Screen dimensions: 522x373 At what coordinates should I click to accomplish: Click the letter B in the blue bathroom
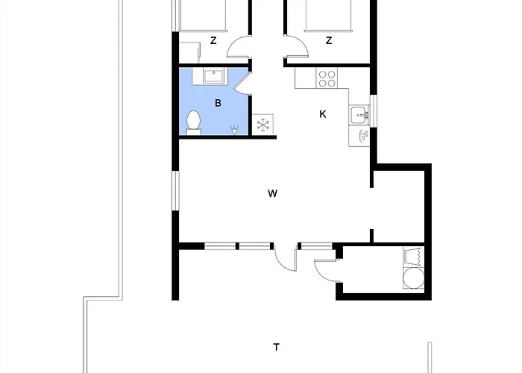coord(218,103)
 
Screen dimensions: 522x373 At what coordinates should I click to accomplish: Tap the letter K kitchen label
coord(323,114)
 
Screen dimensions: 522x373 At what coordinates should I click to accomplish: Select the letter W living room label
coord(272,193)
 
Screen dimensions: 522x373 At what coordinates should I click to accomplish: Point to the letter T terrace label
coord(277,348)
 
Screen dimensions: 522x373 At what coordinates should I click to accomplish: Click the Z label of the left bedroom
coord(213,40)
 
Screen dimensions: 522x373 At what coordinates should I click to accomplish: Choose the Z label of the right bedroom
coord(329,40)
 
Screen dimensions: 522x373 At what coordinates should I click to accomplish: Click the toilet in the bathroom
coord(193,122)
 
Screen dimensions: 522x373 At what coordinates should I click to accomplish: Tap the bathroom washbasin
coord(214,76)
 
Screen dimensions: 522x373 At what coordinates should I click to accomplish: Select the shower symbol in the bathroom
coord(234,130)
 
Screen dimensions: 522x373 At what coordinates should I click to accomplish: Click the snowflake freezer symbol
coord(263,125)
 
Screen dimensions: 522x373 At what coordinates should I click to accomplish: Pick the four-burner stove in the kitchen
coord(327,78)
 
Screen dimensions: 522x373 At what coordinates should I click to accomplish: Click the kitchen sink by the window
coord(359,115)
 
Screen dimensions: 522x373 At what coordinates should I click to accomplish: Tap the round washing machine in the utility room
coord(413,278)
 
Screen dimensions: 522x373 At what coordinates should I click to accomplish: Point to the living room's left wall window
coord(175,190)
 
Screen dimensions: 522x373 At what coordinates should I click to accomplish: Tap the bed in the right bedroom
coord(328,16)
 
